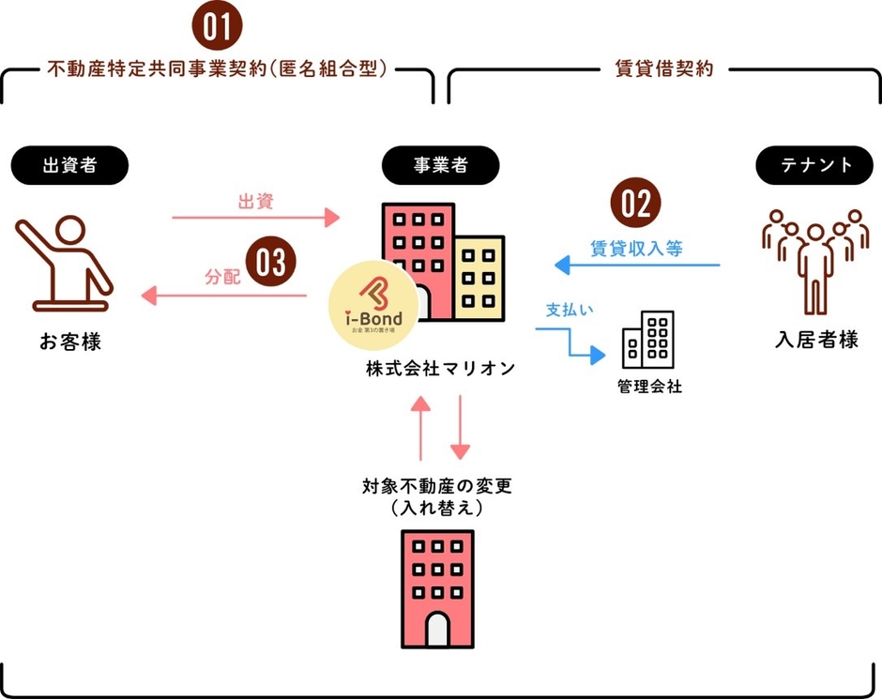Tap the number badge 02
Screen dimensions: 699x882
click(636, 203)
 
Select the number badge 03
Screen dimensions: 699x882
click(270, 262)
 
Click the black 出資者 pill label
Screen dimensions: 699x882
click(69, 165)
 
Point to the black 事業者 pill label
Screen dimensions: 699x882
click(440, 165)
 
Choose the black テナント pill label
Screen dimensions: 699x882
click(818, 165)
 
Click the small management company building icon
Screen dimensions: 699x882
click(647, 341)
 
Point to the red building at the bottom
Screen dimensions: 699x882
click(437, 588)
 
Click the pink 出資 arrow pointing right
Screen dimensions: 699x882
click(255, 219)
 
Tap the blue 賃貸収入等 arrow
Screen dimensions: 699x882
click(637, 266)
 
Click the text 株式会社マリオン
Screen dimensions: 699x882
click(441, 369)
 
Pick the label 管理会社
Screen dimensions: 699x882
click(648, 387)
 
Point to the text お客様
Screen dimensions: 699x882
click(69, 343)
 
